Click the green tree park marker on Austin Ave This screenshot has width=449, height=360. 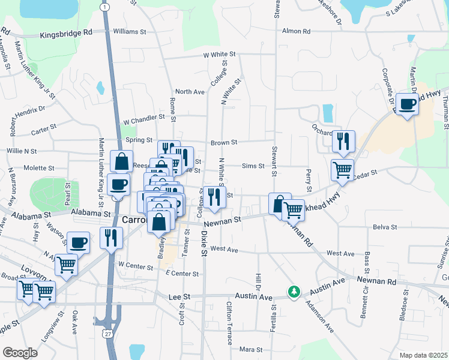point(294,292)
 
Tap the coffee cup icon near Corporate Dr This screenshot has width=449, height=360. point(408,104)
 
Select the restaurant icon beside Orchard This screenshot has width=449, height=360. point(343,141)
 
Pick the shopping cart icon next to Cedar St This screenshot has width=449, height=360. point(342,169)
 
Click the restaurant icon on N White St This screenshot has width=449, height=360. point(212,197)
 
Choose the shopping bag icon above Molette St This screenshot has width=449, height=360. point(121,161)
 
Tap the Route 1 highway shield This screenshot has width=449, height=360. point(106,7)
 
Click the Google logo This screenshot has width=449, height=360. point(20,352)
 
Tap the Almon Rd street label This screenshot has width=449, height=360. point(296,31)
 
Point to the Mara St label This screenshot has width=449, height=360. point(251,349)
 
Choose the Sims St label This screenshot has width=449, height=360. point(253,166)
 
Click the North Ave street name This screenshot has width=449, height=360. point(190,92)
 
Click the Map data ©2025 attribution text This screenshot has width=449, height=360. point(423,355)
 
